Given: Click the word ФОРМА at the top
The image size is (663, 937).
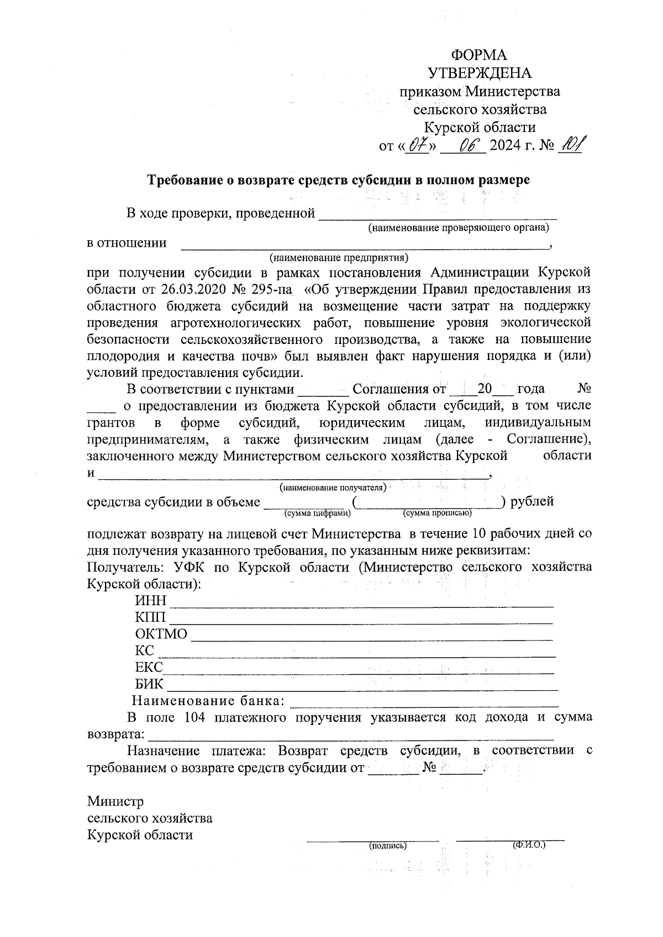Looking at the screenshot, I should [x=479, y=55].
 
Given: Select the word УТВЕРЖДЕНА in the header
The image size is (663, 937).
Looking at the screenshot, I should [x=480, y=73].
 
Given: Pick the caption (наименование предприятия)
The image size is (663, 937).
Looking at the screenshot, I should [x=338, y=257].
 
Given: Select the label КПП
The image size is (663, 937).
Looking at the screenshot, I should [x=150, y=617].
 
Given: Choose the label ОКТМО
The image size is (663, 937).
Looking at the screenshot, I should [x=161, y=634].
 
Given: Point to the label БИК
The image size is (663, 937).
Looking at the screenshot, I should [x=149, y=684].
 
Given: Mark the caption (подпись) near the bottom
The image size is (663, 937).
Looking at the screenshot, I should [x=388, y=845].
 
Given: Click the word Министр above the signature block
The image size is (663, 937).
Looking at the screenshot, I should [x=115, y=801].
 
